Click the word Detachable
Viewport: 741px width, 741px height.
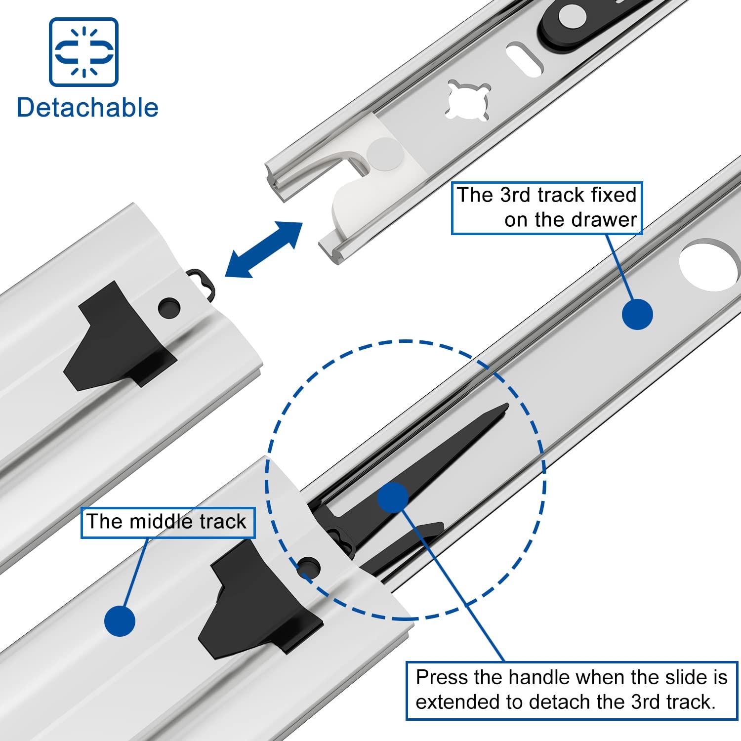[87, 108]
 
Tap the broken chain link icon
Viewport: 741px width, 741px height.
[83, 52]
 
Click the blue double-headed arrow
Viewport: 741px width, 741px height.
[263, 249]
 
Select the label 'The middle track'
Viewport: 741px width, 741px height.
[167, 522]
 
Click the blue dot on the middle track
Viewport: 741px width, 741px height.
[120, 620]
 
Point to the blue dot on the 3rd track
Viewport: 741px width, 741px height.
[637, 314]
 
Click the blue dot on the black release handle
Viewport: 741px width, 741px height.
[393, 497]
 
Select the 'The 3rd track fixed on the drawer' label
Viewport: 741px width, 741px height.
[546, 207]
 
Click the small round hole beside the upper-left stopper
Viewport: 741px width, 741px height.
[169, 308]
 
